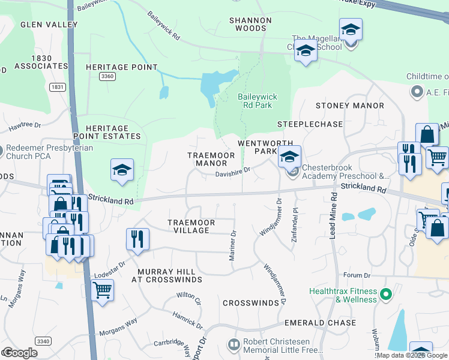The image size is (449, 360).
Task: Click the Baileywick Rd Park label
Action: click(x=255, y=101)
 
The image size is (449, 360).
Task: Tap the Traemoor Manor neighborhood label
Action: click(x=207, y=159)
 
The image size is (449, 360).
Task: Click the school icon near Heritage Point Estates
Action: click(x=122, y=170)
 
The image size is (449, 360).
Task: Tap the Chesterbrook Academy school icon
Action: click(x=289, y=157)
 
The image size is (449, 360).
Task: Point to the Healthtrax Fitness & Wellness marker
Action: click(x=385, y=295)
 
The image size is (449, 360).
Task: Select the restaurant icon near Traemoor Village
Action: click(x=138, y=239)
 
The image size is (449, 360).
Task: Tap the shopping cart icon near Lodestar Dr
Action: click(x=102, y=290)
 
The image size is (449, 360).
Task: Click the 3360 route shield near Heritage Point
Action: click(x=107, y=76)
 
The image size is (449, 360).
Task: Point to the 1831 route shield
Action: click(x=57, y=87)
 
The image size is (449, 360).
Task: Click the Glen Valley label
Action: click(x=49, y=25)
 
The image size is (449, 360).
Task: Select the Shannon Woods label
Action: click(x=250, y=24)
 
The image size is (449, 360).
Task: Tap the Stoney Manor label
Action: click(x=349, y=106)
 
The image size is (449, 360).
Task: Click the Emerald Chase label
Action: click(x=321, y=323)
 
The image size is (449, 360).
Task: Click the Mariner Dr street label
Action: click(x=232, y=246)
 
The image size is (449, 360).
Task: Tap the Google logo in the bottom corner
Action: click(x=20, y=353)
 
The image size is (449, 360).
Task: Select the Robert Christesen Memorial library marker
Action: click(x=234, y=344)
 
